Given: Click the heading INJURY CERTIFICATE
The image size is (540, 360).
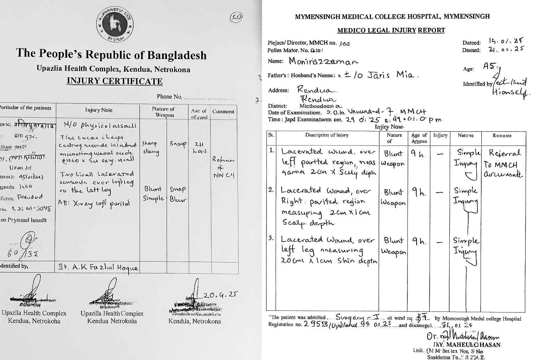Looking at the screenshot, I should point(115,81).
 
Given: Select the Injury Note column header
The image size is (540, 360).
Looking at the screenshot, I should point(99,110).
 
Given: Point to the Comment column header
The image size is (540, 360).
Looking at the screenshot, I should point(223,111).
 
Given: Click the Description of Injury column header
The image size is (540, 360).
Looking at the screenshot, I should point(327,135).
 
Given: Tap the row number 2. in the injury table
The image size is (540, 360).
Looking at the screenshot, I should point(271,190).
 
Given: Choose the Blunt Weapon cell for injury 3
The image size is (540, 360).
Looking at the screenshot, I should point(394,246).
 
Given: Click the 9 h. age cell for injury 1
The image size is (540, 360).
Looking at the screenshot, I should point(418,154).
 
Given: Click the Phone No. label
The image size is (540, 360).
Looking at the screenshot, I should point(169,97).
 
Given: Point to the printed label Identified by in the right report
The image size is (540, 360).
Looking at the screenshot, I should point(477,84).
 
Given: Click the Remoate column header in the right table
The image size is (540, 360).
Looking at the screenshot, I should point(502,135).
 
